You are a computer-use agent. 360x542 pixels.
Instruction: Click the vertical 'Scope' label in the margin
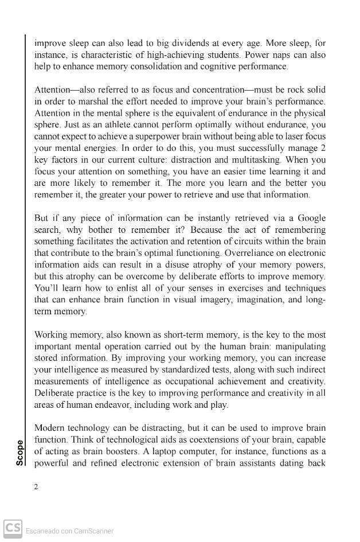coord(20,453)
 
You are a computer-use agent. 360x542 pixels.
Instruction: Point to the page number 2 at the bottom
coord(36,487)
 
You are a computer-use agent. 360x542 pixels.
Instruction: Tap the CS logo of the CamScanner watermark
coord(13,529)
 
